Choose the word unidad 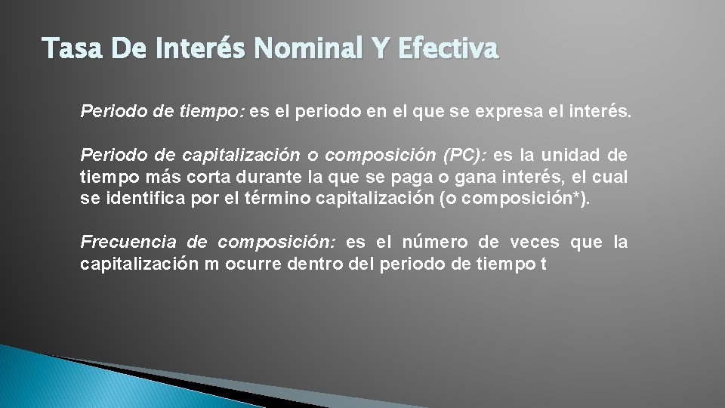[x=569, y=156]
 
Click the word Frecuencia [x=128, y=243]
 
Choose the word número [x=435, y=243]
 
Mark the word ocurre [x=254, y=264]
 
